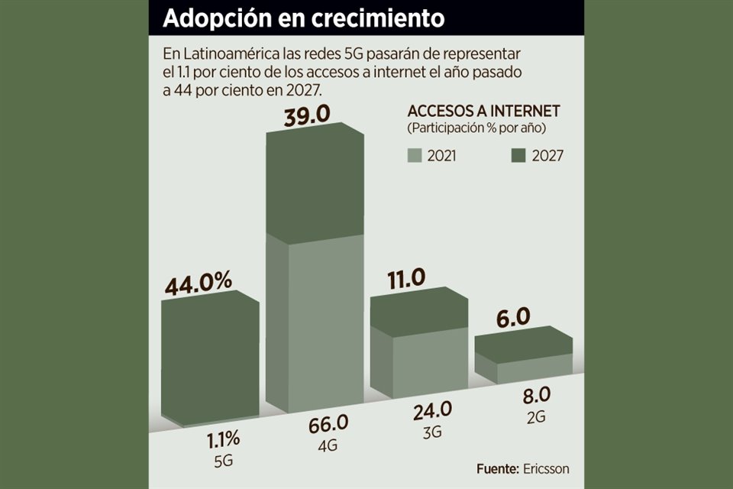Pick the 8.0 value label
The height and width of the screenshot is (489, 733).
536,396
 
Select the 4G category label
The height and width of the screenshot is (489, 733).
328,444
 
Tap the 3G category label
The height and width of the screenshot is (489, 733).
432,430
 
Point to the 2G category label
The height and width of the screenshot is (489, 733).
536,416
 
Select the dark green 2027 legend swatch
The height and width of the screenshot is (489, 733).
518,155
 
